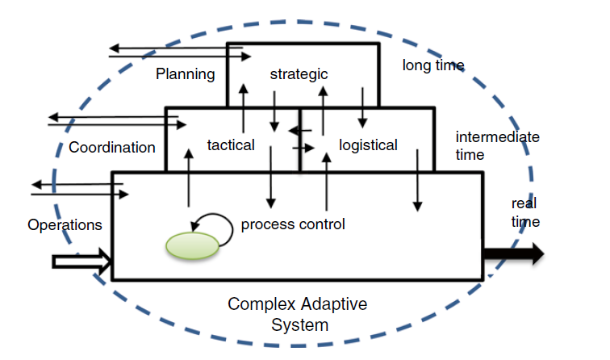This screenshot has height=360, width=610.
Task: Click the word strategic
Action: tap(299, 74)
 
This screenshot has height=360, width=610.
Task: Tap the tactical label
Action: tap(231, 145)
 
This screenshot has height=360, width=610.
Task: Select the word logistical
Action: tap(368, 145)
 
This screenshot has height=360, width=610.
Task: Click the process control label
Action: tap(293, 224)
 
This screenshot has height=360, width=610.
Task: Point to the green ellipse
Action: tap(192, 246)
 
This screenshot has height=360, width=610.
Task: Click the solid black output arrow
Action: tap(513, 254)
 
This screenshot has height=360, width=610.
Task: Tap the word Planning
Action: tap(186, 74)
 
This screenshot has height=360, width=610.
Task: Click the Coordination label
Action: tap(112, 148)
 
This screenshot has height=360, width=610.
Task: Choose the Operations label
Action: tap(65, 224)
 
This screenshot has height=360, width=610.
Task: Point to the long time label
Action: tap(433, 65)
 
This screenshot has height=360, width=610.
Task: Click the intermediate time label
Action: tap(497, 145)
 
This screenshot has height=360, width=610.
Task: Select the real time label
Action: tap(524, 212)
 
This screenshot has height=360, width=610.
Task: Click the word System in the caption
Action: tap(299, 325)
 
